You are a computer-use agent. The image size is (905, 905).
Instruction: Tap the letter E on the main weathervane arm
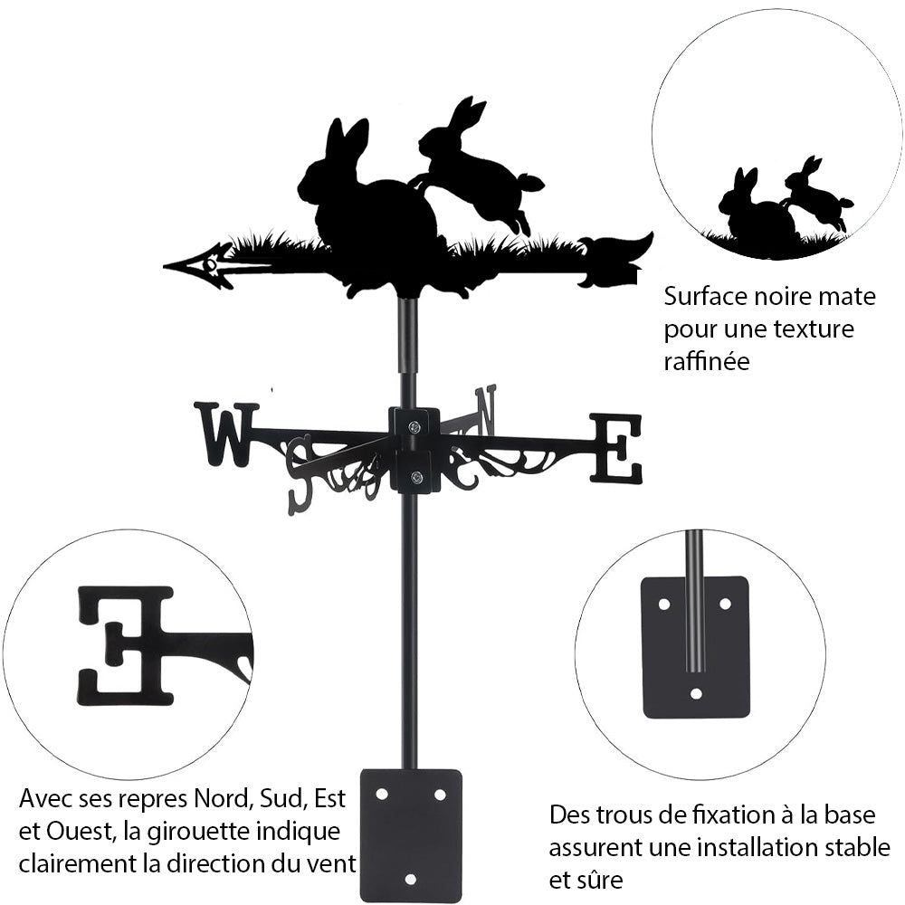pos(616,448)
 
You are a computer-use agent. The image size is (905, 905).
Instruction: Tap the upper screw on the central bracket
pos(414,428)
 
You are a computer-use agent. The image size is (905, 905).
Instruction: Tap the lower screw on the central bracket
pos(415,477)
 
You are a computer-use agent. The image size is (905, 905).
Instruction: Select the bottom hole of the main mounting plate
pos(410,880)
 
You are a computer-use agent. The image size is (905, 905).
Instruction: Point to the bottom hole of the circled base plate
pos(696,694)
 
